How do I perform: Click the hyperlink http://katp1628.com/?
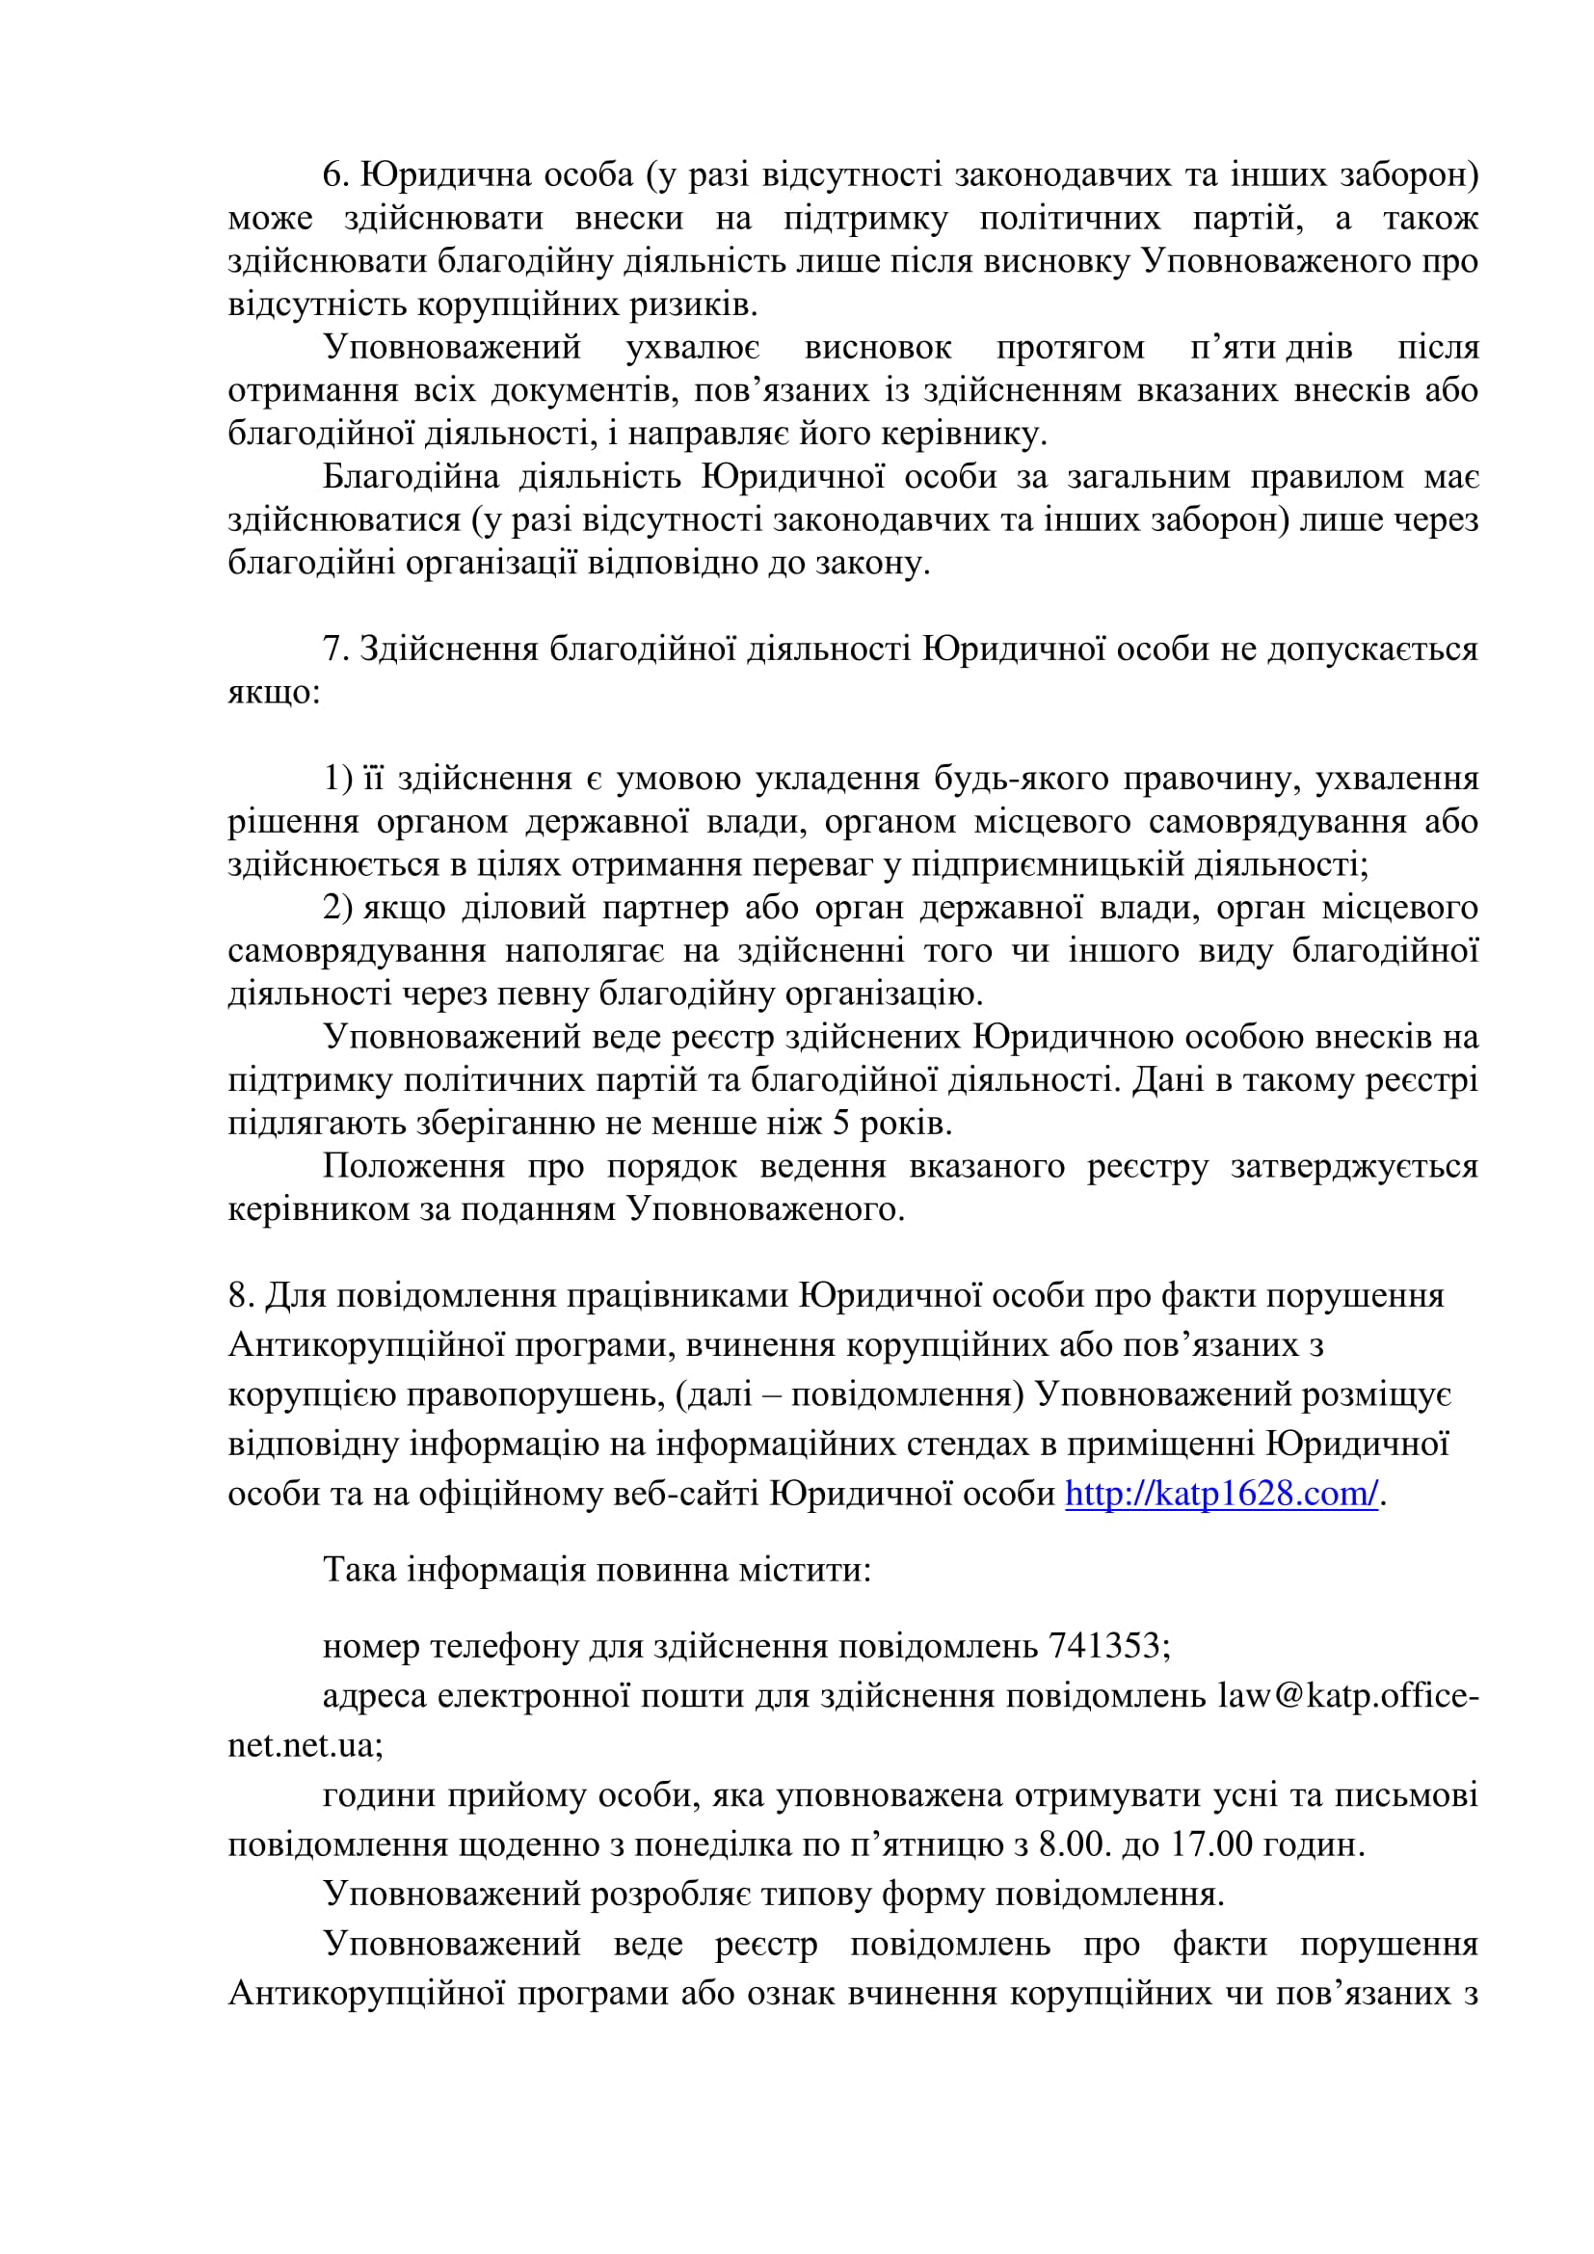pyautogui.click(x=1221, y=1495)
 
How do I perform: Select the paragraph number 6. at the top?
pyautogui.click(x=335, y=174)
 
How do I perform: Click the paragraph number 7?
pyautogui.click(x=335, y=650)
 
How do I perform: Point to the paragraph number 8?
pyautogui.click(x=241, y=1296)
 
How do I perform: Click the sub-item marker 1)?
pyautogui.click(x=337, y=779)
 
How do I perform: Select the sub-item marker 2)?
pyautogui.click(x=337, y=908)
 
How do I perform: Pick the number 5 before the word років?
pyautogui.click(x=841, y=1122)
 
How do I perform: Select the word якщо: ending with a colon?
pyautogui.click(x=274, y=693)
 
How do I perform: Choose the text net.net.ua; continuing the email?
pyautogui.click(x=306, y=1745)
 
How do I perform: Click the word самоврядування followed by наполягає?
pyautogui.click(x=357, y=950)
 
